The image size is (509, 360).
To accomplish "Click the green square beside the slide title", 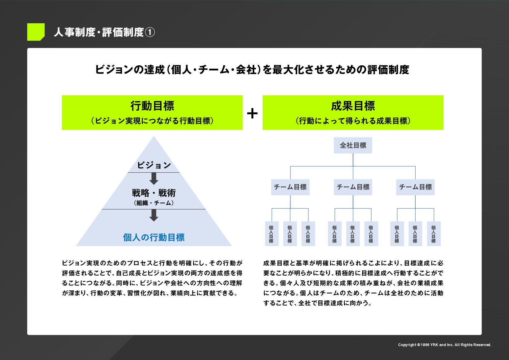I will (36, 32).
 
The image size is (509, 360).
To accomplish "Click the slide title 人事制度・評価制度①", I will (104, 32).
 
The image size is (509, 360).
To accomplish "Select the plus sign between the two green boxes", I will (252, 114).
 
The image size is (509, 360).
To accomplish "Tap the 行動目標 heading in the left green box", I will (152, 106).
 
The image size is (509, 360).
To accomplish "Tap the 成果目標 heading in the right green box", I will (353, 106).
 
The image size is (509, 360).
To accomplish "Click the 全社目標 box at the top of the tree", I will (353, 145).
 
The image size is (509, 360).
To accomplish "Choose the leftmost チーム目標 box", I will (290, 187).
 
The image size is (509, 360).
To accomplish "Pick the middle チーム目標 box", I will (353, 187).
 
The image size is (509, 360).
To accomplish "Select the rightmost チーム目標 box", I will (415, 187).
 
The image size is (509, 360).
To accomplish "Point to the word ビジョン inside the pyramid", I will (154, 165).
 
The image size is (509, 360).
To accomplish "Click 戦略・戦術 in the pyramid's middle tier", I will (154, 193).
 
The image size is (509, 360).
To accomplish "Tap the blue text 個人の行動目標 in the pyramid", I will (154, 237).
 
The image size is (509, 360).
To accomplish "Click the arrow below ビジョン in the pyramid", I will (154, 179).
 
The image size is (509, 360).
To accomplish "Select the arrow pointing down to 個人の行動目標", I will (154, 215).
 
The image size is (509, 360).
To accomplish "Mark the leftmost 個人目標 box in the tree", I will (271, 234).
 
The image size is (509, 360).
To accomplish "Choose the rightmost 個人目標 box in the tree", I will (433, 234).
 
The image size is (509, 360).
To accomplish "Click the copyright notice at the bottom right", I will (444, 345).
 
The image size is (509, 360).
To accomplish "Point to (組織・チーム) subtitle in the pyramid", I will (154, 203).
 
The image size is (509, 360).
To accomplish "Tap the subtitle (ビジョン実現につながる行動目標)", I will (152, 121).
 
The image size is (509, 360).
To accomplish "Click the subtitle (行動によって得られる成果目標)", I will (353, 121).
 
